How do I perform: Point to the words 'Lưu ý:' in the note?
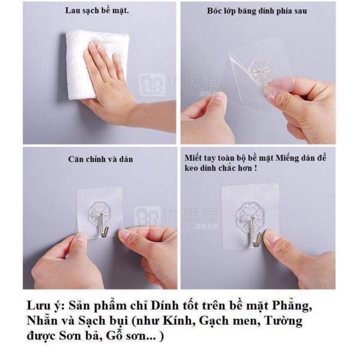coord(44,307)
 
